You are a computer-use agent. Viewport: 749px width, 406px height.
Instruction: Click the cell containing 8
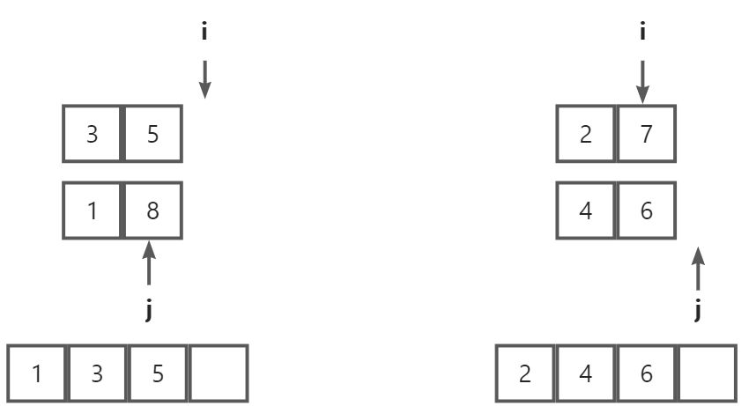(x=152, y=211)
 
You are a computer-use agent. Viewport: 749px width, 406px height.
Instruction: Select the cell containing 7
(x=646, y=136)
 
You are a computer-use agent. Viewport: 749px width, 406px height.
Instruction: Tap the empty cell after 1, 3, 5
(x=219, y=373)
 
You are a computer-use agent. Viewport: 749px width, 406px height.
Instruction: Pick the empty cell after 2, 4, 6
(x=706, y=373)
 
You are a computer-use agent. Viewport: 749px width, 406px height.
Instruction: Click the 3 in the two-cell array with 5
(x=93, y=136)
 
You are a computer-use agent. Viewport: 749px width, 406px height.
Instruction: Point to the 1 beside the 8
(x=93, y=211)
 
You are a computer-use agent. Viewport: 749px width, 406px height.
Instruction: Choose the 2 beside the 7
(x=586, y=136)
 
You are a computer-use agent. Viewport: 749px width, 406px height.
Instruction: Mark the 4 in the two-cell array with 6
(x=586, y=211)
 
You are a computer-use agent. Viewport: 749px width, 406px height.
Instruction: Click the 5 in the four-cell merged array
(x=158, y=373)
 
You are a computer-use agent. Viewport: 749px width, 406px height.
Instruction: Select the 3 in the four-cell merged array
(x=97, y=373)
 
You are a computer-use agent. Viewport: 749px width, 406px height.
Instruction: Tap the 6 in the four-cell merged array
(x=646, y=373)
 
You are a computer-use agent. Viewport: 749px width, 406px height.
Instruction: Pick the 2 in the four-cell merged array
(x=525, y=373)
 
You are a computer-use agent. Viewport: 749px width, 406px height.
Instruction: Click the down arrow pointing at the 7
(x=643, y=80)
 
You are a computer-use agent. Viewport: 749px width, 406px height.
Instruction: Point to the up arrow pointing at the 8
(x=148, y=264)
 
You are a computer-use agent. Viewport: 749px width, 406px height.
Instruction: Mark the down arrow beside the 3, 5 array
(x=204, y=78)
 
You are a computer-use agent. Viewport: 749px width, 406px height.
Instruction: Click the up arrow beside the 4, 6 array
(x=698, y=268)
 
